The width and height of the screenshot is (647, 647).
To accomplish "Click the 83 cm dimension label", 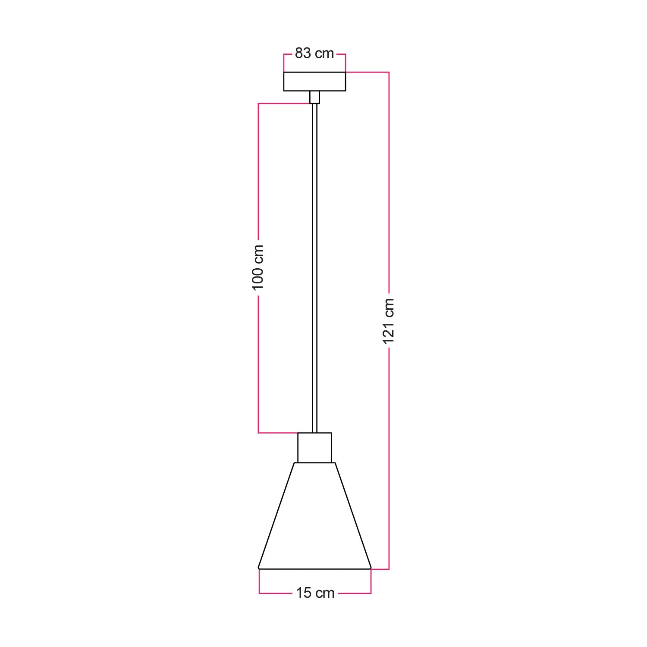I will click(314, 53).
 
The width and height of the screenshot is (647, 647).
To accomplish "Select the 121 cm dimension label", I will click(389, 321).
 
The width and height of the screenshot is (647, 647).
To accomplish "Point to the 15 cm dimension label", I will click(315, 593).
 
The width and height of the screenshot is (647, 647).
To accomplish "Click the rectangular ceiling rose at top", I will click(314, 82).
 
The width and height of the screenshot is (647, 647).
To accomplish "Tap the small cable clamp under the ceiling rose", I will click(314, 97).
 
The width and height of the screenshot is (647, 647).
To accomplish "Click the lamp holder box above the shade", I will click(314, 448).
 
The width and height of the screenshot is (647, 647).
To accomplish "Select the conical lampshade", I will click(314, 518).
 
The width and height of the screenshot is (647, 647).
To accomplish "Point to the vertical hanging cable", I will click(314, 267).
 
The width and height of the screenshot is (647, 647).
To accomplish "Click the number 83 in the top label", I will click(303, 53).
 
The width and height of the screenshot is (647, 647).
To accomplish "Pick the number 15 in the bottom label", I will click(303, 593).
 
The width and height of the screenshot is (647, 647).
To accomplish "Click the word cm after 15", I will click(325, 593).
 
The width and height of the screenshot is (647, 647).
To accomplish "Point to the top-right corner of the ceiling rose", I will click(345, 72).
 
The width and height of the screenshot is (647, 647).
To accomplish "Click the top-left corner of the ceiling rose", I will click(284, 72).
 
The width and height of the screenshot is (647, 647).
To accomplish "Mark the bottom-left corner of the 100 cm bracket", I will click(258, 433).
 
